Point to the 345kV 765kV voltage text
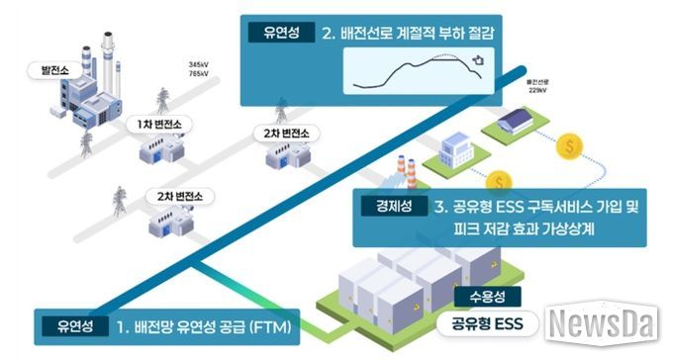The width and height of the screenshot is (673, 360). [x=200, y=69]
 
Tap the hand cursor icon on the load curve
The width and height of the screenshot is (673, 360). [x=478, y=60]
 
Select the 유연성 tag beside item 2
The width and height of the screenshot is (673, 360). [x=274, y=33]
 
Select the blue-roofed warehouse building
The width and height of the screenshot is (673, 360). [x=517, y=124]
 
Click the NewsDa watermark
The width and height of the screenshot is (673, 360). [x=604, y=323]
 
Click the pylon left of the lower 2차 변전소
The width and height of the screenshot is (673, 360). [x=120, y=203]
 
